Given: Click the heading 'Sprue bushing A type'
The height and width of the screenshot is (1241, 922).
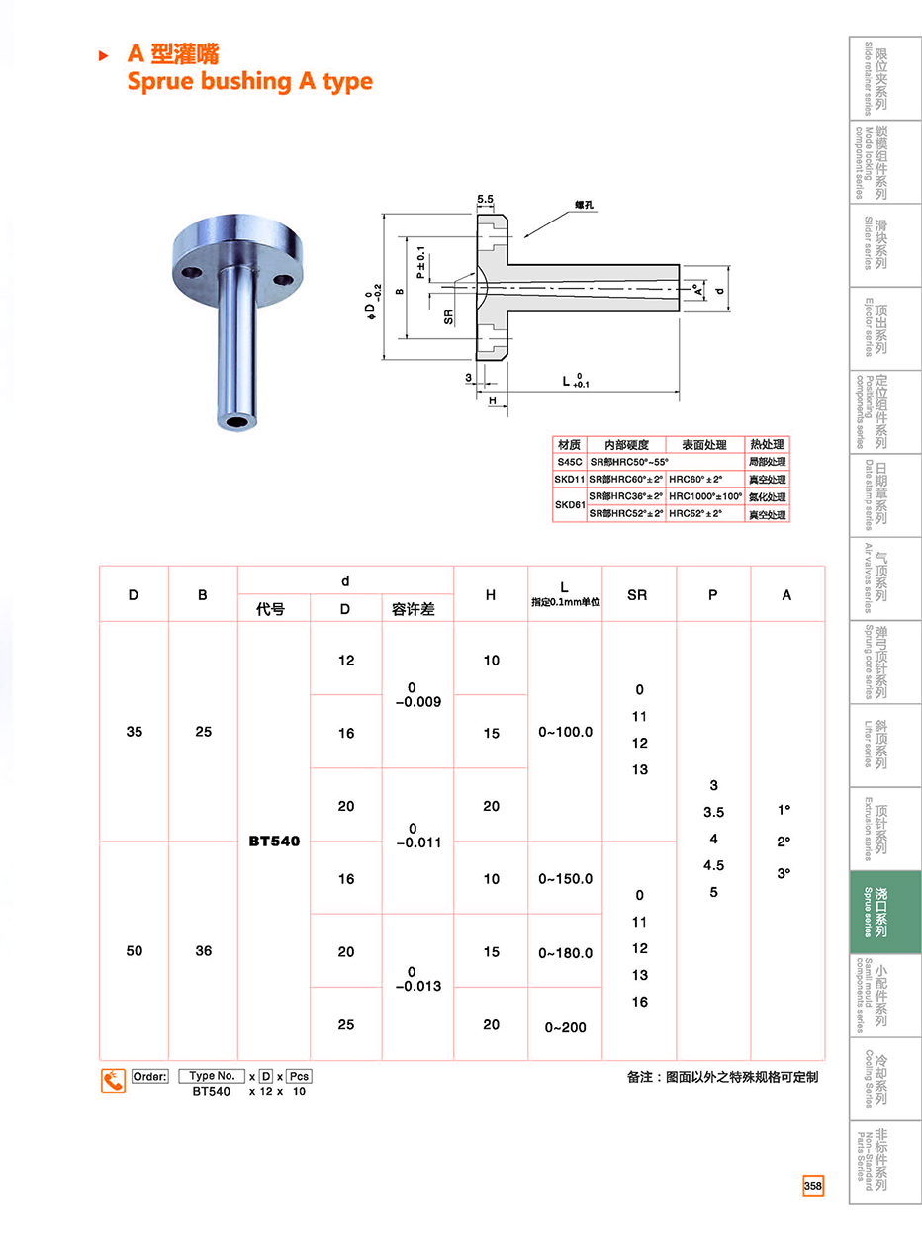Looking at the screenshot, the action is [x=249, y=82].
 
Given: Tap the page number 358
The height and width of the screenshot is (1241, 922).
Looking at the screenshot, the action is [x=813, y=1185].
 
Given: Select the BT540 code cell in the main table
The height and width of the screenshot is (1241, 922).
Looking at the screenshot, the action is [x=274, y=841].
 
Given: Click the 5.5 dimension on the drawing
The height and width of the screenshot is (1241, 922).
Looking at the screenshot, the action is [x=486, y=199].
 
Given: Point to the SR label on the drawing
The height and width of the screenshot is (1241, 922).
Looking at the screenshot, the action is [x=448, y=316].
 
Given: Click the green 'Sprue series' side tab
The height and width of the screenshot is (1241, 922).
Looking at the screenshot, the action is [x=885, y=912].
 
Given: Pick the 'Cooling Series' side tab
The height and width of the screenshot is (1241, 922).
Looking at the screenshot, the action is [x=885, y=1078].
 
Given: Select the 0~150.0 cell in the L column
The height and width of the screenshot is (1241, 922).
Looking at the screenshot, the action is [x=566, y=878].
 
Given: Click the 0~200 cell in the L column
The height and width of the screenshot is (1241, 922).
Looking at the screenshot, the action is [x=566, y=1027].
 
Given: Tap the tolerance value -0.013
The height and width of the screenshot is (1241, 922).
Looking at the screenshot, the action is [x=418, y=986].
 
